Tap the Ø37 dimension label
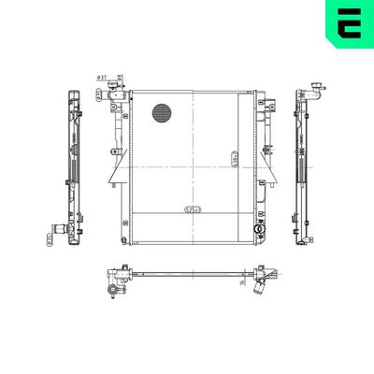pyautogui.click(x=101, y=78)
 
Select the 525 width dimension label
pyautogui.click(x=194, y=209)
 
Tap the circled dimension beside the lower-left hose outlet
pyautogui.click(x=50, y=240)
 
